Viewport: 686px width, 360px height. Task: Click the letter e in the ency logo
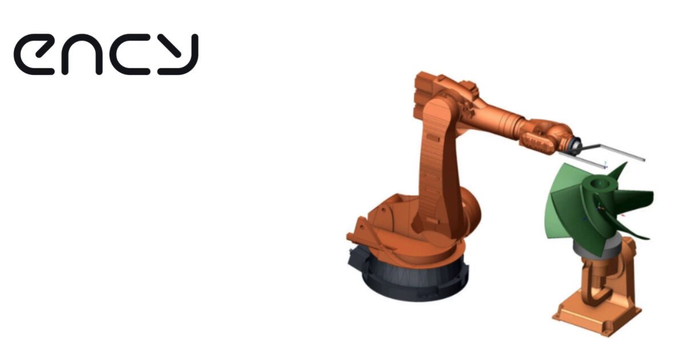pyautogui.click(x=34, y=54)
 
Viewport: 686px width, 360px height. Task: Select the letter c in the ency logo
pyautogui.click(x=130, y=54)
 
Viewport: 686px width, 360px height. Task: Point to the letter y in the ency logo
pyautogui.click(x=178, y=54)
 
